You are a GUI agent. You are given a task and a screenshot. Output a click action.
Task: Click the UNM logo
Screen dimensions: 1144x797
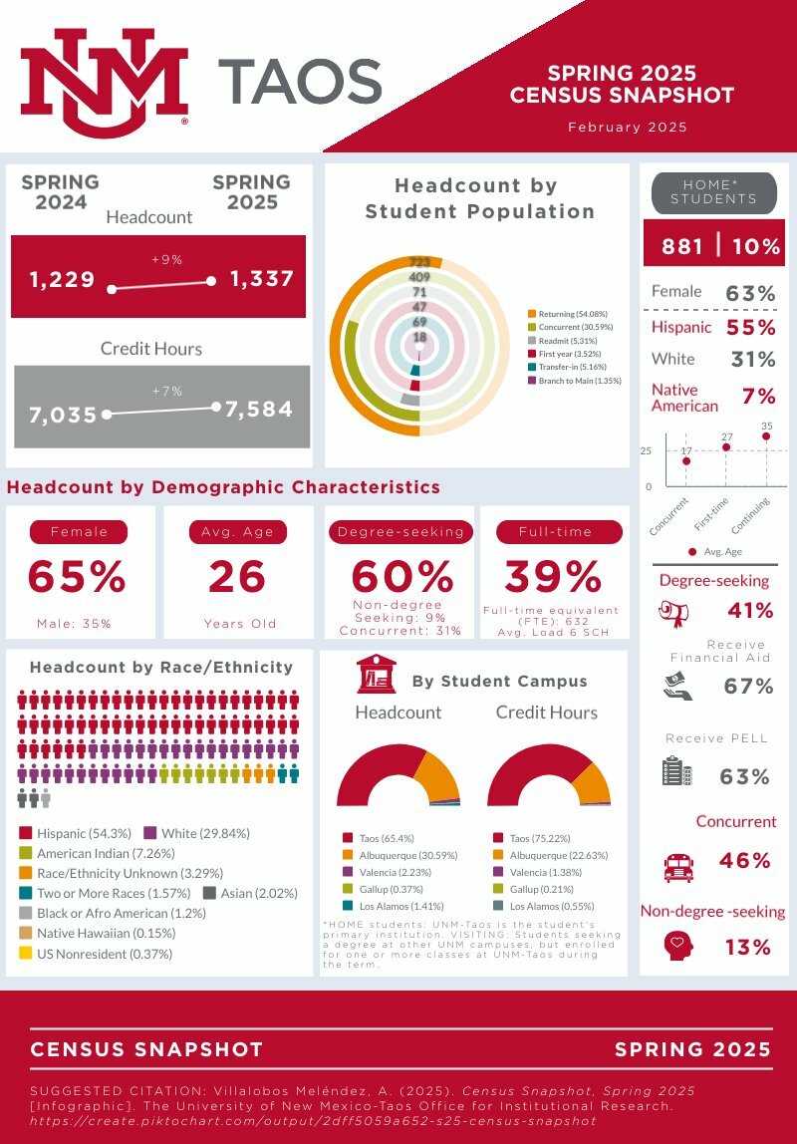click(x=104, y=82)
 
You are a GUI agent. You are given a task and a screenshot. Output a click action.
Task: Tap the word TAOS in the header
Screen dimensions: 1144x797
click(x=300, y=81)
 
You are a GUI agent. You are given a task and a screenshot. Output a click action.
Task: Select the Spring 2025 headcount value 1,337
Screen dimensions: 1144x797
click(x=262, y=279)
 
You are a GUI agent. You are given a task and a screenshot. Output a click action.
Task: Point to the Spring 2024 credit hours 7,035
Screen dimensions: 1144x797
click(x=64, y=415)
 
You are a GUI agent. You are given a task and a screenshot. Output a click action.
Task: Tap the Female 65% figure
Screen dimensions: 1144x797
click(x=77, y=577)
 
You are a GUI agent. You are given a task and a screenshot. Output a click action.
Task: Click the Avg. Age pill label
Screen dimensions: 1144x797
click(x=237, y=532)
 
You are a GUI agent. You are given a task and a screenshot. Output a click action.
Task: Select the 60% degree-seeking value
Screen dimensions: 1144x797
click(x=401, y=577)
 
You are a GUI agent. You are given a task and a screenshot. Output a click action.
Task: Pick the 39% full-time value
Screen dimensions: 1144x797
click(x=553, y=576)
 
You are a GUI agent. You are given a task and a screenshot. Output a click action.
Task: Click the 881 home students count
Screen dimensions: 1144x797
click(x=682, y=246)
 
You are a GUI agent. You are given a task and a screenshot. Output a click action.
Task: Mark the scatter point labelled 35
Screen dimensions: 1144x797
click(x=766, y=436)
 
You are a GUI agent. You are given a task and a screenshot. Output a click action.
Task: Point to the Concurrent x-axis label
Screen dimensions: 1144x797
click(x=669, y=515)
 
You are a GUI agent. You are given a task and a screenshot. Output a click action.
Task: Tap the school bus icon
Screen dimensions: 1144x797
click(x=678, y=866)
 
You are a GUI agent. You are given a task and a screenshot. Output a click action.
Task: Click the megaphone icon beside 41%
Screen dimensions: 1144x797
click(x=674, y=611)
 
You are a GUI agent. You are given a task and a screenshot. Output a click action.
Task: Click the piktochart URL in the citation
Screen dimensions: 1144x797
click(x=313, y=1121)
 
